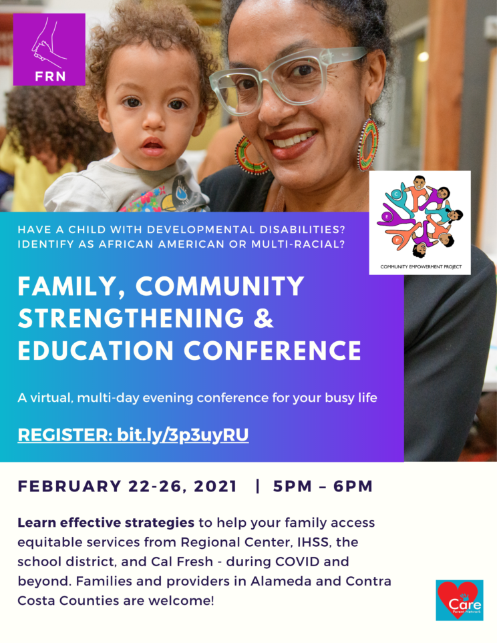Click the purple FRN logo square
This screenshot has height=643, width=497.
49,49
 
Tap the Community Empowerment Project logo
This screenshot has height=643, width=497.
420,222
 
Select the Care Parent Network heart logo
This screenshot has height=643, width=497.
459,600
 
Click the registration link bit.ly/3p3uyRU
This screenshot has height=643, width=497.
182,435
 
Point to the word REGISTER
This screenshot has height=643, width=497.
65,435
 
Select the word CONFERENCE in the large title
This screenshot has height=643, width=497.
272,351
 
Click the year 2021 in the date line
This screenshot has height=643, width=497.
215,486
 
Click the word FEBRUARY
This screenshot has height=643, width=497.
69,486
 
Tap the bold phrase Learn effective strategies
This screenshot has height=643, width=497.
106,523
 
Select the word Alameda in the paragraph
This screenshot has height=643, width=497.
279,581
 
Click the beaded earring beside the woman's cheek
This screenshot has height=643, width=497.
367,144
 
